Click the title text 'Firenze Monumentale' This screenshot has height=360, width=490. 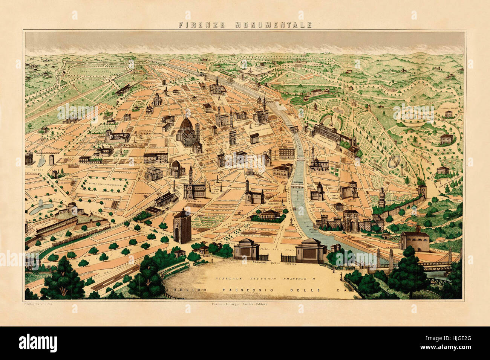coord(245,25)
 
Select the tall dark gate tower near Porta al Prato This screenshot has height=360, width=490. coord(182,226)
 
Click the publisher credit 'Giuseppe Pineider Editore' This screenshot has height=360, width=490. coord(245,304)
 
